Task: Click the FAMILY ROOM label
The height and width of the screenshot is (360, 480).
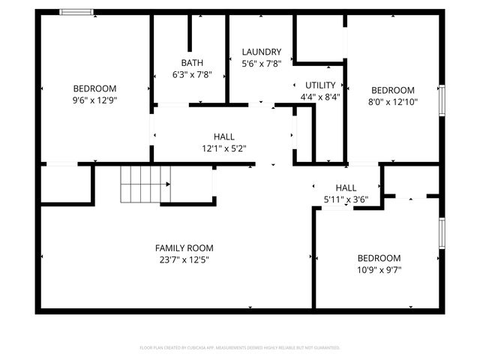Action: coord(184,248)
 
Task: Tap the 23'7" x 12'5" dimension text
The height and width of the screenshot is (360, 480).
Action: coord(184,260)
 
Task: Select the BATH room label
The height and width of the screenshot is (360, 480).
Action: coord(192,62)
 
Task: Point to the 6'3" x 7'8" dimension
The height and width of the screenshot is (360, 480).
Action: coord(192,74)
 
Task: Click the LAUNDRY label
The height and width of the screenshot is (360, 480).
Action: coord(261,52)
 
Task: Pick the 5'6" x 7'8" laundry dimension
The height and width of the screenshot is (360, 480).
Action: coord(261,64)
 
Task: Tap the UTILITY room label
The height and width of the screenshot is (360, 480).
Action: coord(320,85)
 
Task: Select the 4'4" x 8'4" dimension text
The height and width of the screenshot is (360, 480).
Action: coord(320,97)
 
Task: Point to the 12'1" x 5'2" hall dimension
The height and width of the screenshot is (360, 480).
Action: coord(223,148)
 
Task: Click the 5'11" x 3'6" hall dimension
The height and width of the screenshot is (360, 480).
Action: coord(346,199)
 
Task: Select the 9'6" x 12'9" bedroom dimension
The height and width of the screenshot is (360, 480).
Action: coord(94,99)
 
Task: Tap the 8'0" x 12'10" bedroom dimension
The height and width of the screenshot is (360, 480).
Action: coord(392,101)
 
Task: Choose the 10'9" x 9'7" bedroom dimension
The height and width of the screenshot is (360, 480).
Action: coord(379,270)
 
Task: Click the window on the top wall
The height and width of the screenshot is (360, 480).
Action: coord(76,12)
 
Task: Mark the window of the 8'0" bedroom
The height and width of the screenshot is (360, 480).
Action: coord(442,101)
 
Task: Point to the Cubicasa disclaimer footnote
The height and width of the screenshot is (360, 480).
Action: coord(240,348)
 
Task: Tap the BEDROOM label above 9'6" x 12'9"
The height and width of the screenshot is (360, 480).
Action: coord(94,87)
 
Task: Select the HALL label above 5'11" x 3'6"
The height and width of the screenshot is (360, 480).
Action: coord(346,187)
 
